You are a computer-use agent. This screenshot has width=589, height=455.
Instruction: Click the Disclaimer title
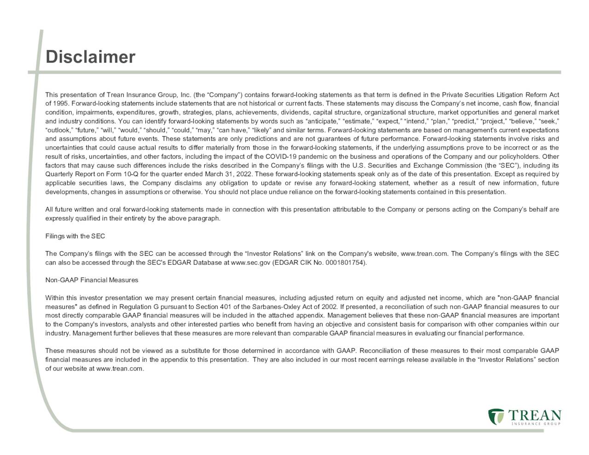90,57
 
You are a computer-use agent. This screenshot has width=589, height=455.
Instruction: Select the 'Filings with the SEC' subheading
75,236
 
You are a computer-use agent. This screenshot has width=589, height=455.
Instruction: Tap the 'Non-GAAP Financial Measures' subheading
92,280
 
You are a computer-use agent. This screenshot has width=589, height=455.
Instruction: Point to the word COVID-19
282,156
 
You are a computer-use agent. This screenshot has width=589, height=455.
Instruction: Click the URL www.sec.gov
250,263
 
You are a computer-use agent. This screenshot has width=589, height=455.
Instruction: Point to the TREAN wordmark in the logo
535,415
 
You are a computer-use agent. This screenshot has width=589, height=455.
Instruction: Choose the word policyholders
520,156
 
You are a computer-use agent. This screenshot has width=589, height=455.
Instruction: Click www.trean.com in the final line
120,369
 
